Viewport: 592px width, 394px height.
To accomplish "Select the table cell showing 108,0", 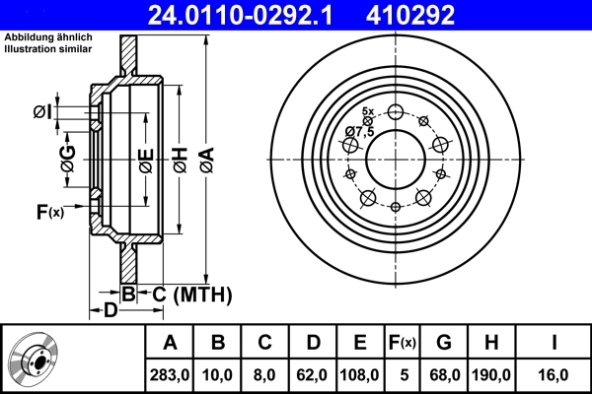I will [359, 374].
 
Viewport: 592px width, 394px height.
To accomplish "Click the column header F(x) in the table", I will [402, 343].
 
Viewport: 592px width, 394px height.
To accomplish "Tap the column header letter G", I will [445, 343].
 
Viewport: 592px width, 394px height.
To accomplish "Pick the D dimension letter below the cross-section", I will [111, 312].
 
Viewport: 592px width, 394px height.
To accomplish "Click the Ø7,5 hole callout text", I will [359, 131].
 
